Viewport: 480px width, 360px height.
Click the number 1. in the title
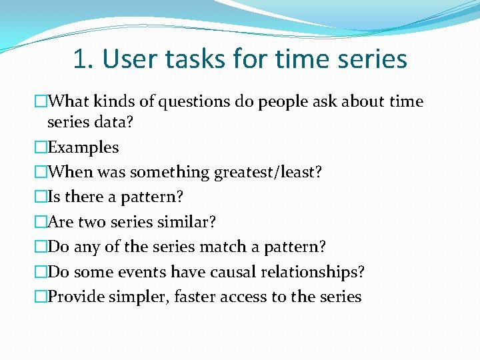[x=83, y=59]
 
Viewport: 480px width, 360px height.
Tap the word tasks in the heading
[x=198, y=59]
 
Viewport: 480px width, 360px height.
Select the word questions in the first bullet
[x=185, y=101]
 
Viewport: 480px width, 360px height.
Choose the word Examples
[x=83, y=147]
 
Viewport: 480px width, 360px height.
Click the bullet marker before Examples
[x=41, y=147]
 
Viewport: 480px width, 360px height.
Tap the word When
[x=69, y=172]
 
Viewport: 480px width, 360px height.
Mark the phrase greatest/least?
[x=268, y=172]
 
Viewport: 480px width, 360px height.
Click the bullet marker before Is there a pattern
[x=41, y=197]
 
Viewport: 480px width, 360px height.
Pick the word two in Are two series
[x=93, y=222]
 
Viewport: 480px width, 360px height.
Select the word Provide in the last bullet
[x=76, y=297]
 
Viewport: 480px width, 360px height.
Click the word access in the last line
[x=246, y=297]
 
